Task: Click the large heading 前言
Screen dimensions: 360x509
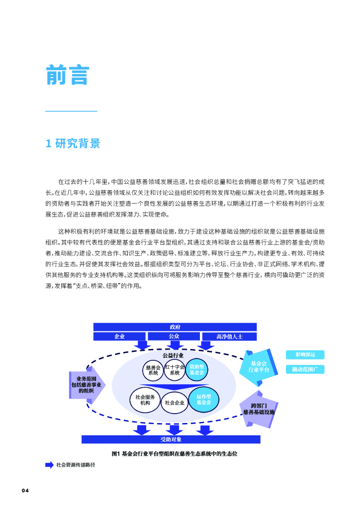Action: tap(67, 75)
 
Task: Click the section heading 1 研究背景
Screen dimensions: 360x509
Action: tap(73, 144)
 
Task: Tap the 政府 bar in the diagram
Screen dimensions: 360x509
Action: tap(175, 327)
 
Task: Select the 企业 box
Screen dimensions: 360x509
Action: tap(119, 337)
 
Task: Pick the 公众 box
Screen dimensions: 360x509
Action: tap(174, 337)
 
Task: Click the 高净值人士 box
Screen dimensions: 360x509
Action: tap(229, 337)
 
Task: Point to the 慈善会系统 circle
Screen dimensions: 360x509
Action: tap(153, 370)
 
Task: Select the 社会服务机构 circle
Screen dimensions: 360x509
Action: tap(145, 400)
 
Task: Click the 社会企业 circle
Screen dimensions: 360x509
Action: tap(175, 402)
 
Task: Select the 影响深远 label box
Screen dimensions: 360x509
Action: tap(305, 354)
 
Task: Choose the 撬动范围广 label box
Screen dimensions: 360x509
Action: tap(305, 369)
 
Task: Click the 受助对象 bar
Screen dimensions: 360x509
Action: tap(171, 439)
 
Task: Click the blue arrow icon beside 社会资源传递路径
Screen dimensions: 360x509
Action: tap(49, 465)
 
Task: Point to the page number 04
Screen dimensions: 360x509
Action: tap(26, 491)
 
